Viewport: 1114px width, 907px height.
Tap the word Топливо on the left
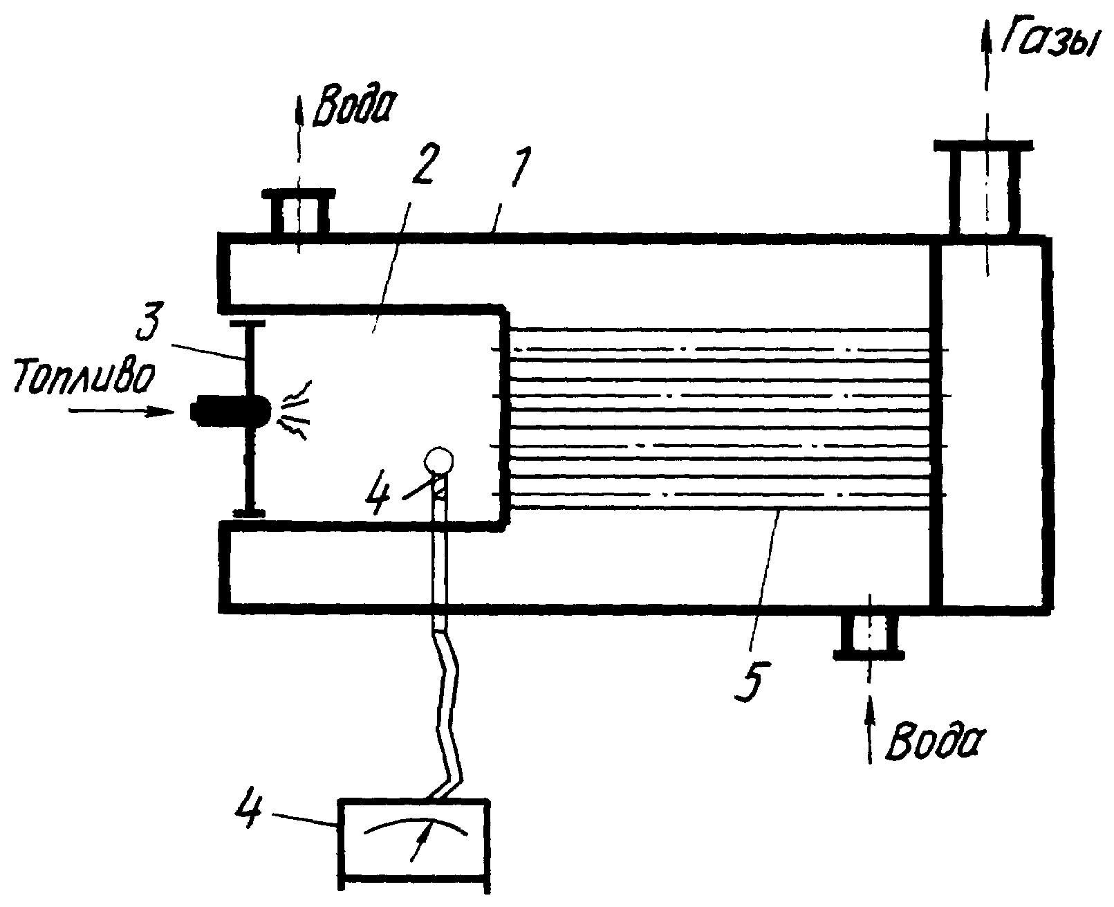pyautogui.click(x=84, y=376)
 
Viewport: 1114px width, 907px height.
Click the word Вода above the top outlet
pyautogui.click(x=353, y=107)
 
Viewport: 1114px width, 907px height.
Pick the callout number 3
pyautogui.click(x=149, y=320)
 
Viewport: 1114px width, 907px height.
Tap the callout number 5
pyautogui.click(x=753, y=681)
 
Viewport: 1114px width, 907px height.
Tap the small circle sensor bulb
pyautogui.click(x=438, y=461)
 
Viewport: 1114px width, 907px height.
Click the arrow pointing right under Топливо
pyautogui.click(x=121, y=412)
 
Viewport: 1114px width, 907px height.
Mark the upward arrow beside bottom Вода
pyautogui.click(x=870, y=729)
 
